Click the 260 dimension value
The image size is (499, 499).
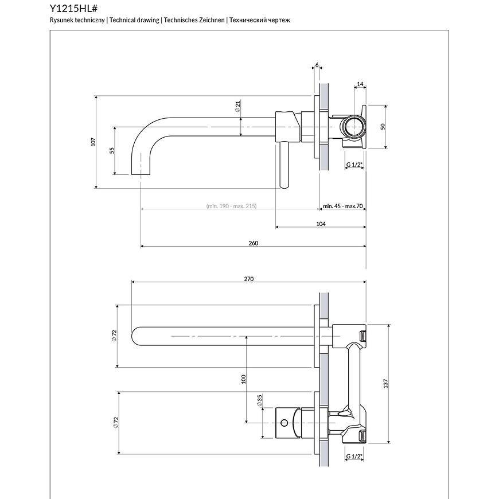tap(254, 243)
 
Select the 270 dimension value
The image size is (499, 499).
tap(249, 279)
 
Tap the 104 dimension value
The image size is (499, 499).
tap(321, 224)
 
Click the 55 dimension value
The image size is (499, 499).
tap(112, 150)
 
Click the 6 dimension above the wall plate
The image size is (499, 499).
tap(317, 65)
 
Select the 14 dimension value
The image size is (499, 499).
tap(360, 84)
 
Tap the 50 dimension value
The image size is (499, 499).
tap(383, 127)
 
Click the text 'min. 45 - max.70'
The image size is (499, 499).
tap(343, 206)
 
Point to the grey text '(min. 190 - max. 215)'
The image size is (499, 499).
tap(231, 206)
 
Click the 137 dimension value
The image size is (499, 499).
tap(386, 383)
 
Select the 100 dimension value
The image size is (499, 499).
tap(244, 379)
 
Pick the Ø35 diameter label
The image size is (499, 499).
tap(260, 400)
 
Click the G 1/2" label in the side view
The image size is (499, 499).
tap(354, 165)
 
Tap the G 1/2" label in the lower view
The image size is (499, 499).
tap(354, 457)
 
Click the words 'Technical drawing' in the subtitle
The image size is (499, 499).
tap(134, 20)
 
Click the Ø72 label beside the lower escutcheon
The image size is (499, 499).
tap(116, 423)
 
